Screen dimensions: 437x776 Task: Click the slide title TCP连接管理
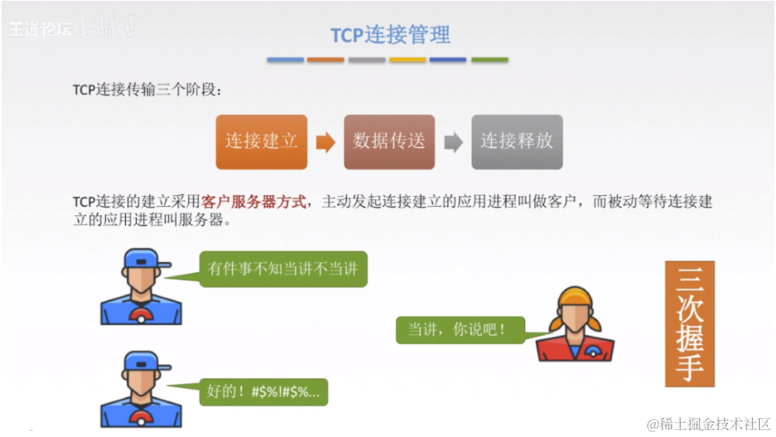point(390,35)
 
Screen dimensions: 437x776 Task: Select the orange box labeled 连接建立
point(262,142)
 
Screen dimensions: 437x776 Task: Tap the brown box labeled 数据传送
point(389,142)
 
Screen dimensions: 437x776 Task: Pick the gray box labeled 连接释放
point(516,142)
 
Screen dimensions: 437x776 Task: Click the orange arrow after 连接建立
point(325,142)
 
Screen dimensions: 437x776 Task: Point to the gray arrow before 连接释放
point(453,142)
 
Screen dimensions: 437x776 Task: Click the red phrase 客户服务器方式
point(253,202)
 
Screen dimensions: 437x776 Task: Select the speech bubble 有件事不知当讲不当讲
point(283,269)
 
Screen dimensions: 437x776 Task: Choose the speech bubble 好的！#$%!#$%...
point(264,391)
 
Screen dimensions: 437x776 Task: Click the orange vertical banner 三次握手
point(689,323)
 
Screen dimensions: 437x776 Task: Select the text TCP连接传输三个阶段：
point(148,89)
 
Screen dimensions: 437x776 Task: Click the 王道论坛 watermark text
point(40,30)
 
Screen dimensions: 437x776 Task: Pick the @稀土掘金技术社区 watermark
point(708,424)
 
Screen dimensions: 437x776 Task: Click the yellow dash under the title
point(408,60)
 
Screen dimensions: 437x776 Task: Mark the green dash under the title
point(489,60)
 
